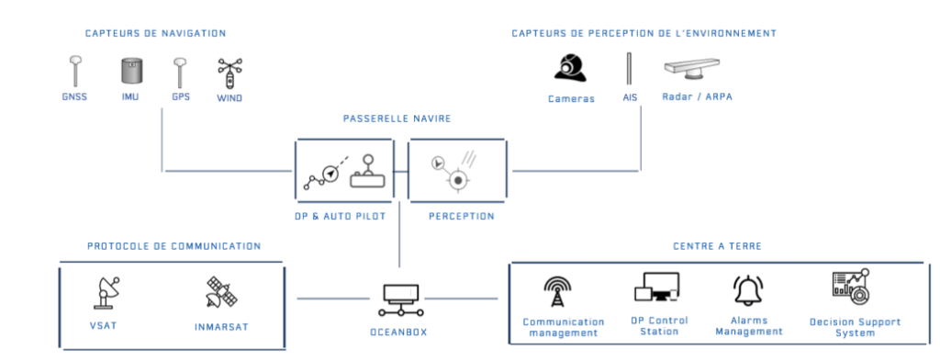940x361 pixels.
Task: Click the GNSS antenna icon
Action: (x=75, y=70)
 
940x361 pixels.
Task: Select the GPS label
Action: (x=181, y=96)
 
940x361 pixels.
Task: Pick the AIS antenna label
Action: (x=629, y=97)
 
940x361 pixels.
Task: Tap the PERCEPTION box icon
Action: (x=457, y=169)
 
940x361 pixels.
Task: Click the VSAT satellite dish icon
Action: (x=108, y=292)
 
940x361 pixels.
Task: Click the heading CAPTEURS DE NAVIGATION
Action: (x=155, y=33)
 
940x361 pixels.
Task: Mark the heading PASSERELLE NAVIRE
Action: (x=397, y=118)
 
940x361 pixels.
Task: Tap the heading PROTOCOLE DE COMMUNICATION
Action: (x=173, y=246)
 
